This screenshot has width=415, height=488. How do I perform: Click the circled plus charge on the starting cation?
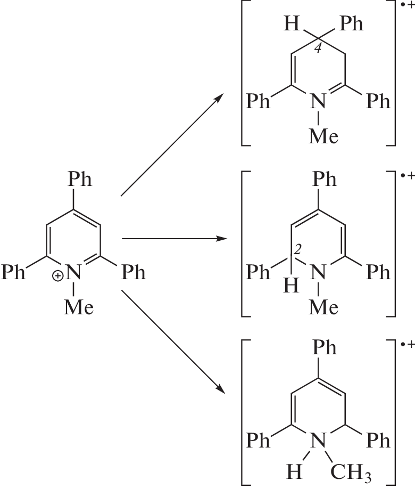tap(57, 276)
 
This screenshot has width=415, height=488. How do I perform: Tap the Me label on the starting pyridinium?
tap(78, 307)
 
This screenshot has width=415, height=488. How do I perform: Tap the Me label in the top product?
tap(324, 136)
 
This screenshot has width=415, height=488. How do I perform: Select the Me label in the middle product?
tap(324, 308)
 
